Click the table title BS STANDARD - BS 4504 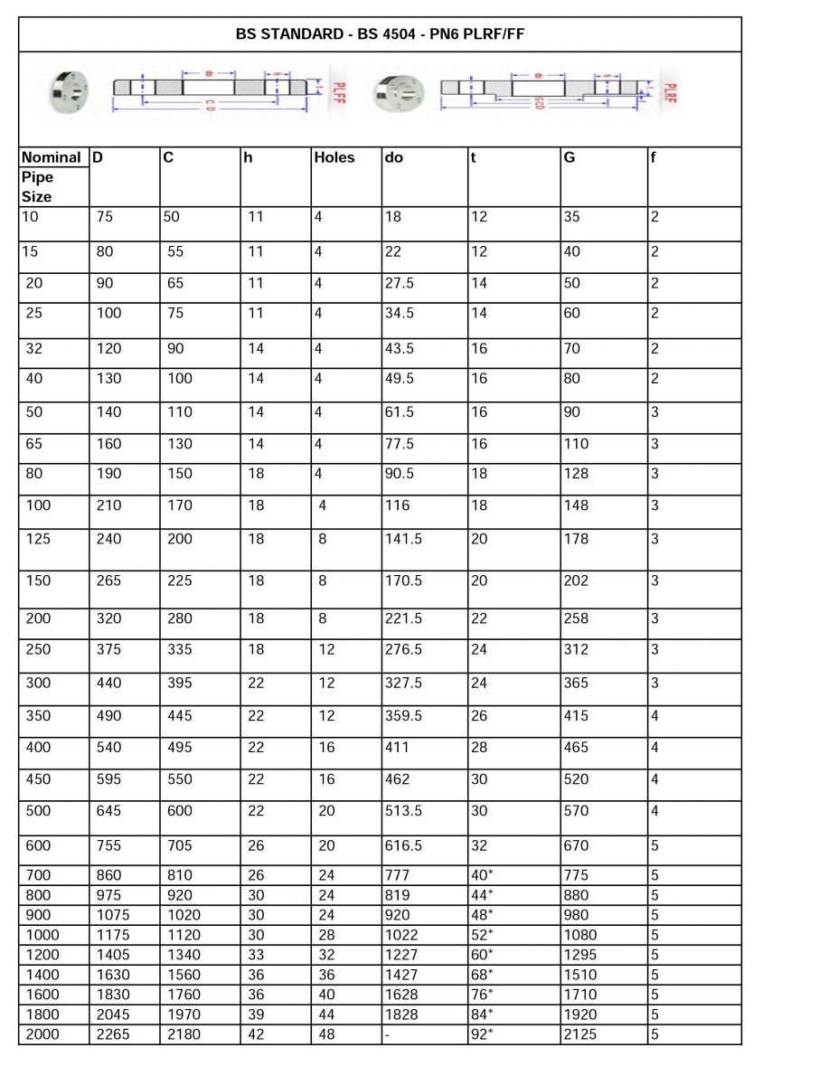tap(380, 34)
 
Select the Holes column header tap(334, 157)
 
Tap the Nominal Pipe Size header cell tap(52, 176)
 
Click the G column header tap(570, 157)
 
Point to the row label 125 tap(39, 539)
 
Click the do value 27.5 tap(400, 283)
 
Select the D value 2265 tap(113, 1034)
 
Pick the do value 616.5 tap(403, 846)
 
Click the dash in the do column tap(388, 1034)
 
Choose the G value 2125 tap(580, 1034)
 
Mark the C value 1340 tap(184, 955)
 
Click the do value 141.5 tap(403, 539)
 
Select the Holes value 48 tap(326, 1034)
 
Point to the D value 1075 tap(113, 915)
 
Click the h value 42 tap(256, 1034)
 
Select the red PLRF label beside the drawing tap(670, 93)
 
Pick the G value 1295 tap(580, 955)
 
